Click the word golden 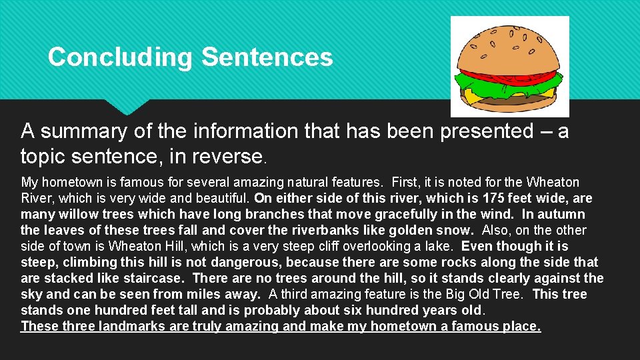(x=399, y=230)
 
